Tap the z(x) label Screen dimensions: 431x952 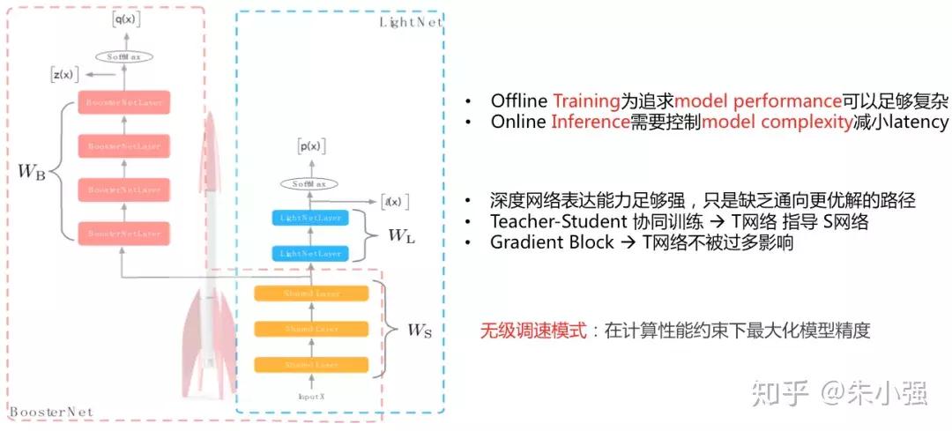[63, 76]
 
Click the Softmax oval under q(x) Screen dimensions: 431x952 [125, 56]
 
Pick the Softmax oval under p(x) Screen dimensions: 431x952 [309, 184]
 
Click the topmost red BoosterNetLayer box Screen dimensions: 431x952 [124, 100]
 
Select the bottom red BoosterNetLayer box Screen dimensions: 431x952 [124, 234]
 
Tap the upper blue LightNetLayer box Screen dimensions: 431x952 [310, 218]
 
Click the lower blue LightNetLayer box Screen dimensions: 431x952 [310, 253]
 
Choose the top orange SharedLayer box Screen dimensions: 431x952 [310, 294]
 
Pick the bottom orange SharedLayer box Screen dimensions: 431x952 [310, 364]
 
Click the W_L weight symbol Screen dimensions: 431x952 [402, 235]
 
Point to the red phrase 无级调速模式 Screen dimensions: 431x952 [533, 331]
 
